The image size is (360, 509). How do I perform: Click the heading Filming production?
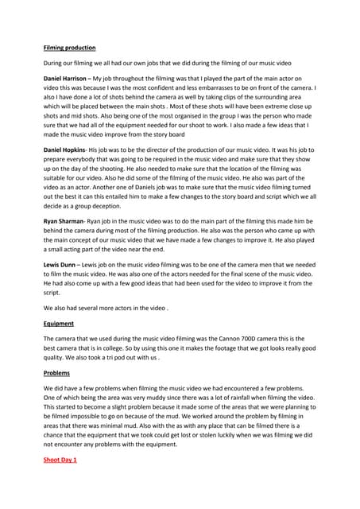68,48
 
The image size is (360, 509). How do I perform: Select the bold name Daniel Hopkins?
64,150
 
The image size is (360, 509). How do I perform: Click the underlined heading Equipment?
57,324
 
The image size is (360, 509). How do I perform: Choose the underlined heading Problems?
56,372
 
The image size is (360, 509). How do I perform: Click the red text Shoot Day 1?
60,460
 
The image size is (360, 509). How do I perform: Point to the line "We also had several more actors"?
105,309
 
